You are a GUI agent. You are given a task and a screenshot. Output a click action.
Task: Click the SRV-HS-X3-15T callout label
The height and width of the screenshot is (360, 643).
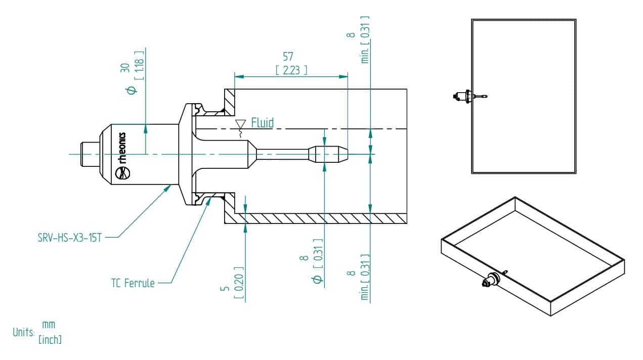[69, 238]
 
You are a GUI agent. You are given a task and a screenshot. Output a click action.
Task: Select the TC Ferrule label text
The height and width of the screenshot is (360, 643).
[133, 283]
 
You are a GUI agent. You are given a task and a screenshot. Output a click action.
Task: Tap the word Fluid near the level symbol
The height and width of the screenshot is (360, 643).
[263, 123]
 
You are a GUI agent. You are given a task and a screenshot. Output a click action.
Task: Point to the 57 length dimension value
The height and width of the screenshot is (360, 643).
[288, 57]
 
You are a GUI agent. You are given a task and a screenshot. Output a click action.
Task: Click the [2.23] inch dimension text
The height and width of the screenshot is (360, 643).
[291, 70]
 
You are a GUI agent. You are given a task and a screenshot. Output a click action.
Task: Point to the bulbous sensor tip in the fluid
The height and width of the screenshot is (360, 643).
[328, 154]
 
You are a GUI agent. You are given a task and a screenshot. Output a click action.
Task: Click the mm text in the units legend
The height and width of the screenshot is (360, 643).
[49, 325]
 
